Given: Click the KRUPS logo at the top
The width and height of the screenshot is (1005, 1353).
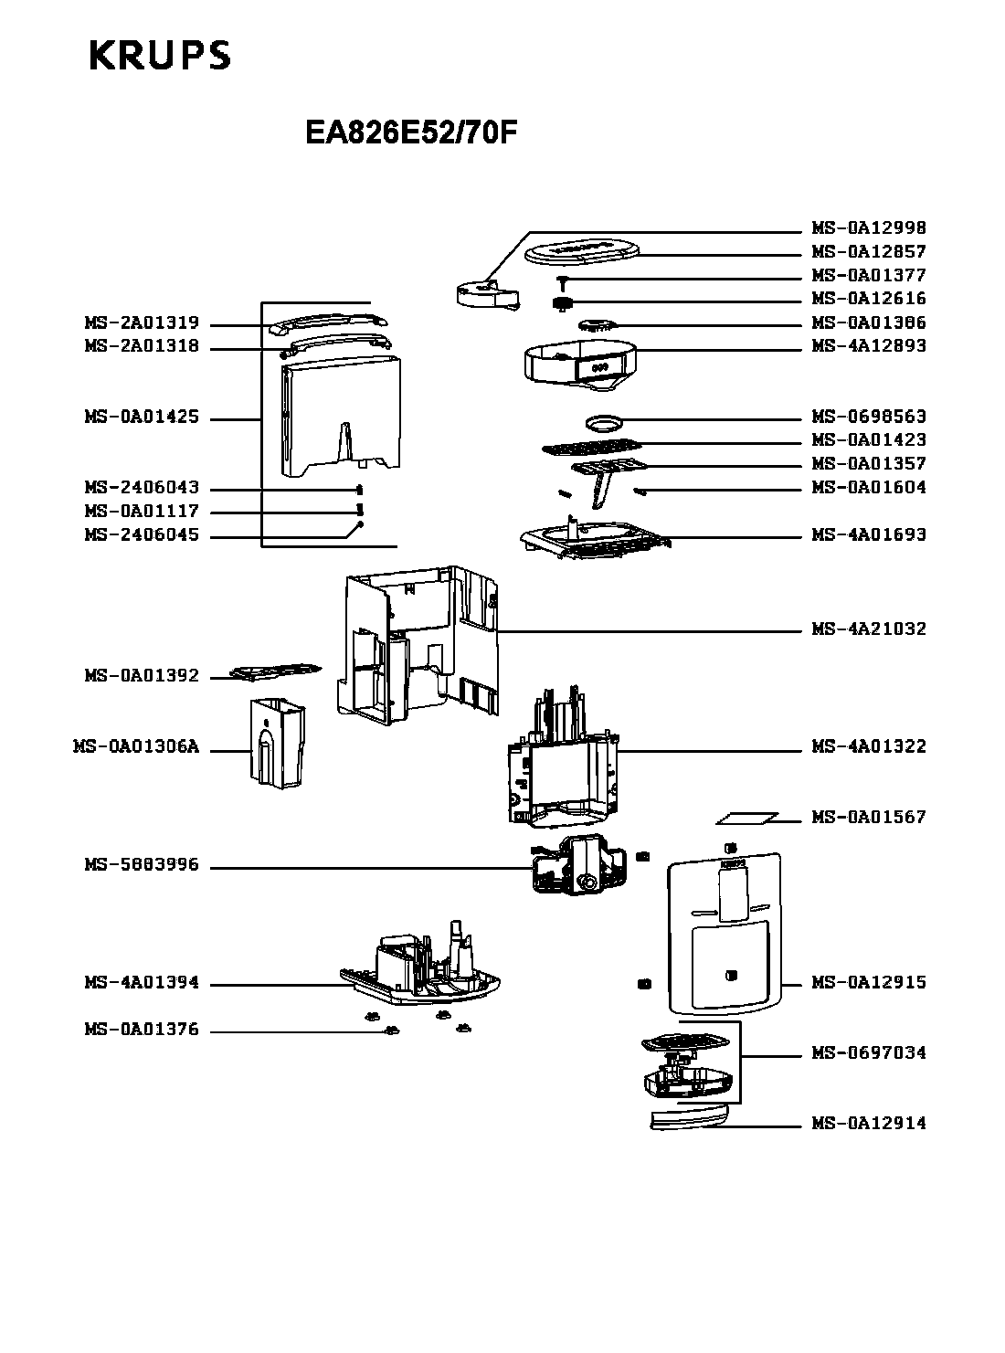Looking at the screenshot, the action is click(x=160, y=55).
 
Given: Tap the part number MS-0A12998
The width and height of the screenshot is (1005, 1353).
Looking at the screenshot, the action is click(x=868, y=227).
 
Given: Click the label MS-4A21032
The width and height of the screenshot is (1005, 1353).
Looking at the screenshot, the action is click(x=868, y=629).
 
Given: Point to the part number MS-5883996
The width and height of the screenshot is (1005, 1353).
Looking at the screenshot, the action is click(x=142, y=864).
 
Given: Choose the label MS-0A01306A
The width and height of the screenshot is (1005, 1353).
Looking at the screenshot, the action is click(x=136, y=746).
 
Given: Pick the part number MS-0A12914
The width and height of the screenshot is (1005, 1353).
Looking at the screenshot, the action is click(x=868, y=1123).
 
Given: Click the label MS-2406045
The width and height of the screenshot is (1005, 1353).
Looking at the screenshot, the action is click(x=142, y=534).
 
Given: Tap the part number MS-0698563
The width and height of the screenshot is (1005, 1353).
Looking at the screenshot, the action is click(x=868, y=416).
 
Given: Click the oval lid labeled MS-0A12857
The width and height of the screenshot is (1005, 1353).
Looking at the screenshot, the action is click(x=583, y=251).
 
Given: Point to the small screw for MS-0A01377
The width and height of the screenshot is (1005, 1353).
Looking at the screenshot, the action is click(x=562, y=282).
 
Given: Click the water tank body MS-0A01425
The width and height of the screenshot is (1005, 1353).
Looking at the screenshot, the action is click(x=342, y=416).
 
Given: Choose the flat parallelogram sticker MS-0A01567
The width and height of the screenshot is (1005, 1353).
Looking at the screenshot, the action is click(x=746, y=818).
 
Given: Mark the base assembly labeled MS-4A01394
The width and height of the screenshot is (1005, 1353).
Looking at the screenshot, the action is click(x=420, y=967).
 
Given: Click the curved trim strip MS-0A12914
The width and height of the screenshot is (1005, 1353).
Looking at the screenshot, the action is click(x=690, y=1117).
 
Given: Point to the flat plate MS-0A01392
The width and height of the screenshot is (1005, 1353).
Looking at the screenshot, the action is click(x=276, y=671).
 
